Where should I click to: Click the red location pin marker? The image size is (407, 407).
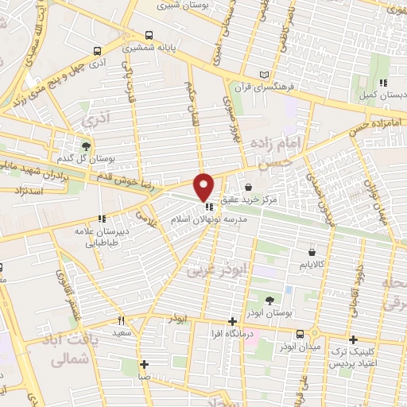[x=204, y=186]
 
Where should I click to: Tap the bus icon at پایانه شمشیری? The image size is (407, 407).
[x=149, y=35]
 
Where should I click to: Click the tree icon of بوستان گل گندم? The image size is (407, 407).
[x=86, y=145]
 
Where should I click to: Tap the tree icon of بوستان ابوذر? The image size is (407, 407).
[x=269, y=300]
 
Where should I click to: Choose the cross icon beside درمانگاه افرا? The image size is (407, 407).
[x=231, y=322]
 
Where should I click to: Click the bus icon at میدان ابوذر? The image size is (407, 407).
[x=300, y=335]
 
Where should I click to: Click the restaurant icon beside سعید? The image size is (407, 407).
[x=122, y=321]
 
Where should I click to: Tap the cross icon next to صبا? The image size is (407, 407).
[x=143, y=364]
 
